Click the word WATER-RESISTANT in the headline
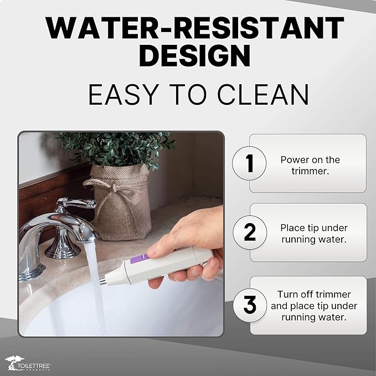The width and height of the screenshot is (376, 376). coord(194,28)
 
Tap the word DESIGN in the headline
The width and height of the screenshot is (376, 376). coord(195,56)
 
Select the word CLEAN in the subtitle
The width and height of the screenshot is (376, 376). coord(263,95)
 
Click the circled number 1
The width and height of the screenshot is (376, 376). coord(249,163)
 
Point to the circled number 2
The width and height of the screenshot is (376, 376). coord(250,232)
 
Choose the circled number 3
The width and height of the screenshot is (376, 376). coord(250,305)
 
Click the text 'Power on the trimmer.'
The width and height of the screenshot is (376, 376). coord(310,165)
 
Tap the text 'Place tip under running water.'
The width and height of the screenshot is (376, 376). coord(314,233)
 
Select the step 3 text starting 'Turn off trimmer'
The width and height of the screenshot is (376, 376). coord(314,306)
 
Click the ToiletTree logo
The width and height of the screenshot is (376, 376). coord(28,363)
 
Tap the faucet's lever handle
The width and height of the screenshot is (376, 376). coord(77,204)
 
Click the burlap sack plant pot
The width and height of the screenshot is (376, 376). coord(121,203)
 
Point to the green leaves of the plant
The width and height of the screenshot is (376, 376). coord(115,148)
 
